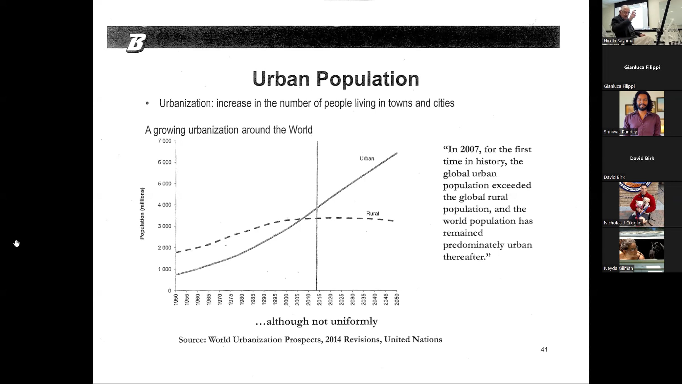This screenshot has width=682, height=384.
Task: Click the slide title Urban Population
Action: click(336, 79)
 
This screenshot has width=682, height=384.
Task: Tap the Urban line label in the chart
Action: click(367, 158)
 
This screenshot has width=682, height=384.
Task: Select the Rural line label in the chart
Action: click(373, 213)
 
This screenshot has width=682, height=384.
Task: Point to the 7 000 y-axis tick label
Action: click(165, 141)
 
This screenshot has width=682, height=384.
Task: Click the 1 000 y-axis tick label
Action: click(165, 269)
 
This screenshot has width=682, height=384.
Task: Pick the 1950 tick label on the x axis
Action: click(176, 300)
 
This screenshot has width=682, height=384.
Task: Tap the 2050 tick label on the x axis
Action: click(397, 300)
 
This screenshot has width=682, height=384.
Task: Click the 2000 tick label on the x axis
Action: click(286, 300)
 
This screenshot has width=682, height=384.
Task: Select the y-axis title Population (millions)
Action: click(142, 213)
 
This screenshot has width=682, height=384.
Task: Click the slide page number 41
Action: click(544, 349)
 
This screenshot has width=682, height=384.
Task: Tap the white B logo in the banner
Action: click(136, 43)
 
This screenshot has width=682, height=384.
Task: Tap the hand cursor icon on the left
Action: click(16, 243)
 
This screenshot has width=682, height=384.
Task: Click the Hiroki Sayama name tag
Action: click(618, 41)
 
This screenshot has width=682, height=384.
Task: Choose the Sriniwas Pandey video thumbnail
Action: click(642, 113)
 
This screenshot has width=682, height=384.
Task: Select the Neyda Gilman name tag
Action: click(618, 268)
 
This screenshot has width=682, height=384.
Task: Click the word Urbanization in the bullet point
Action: click(186, 103)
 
